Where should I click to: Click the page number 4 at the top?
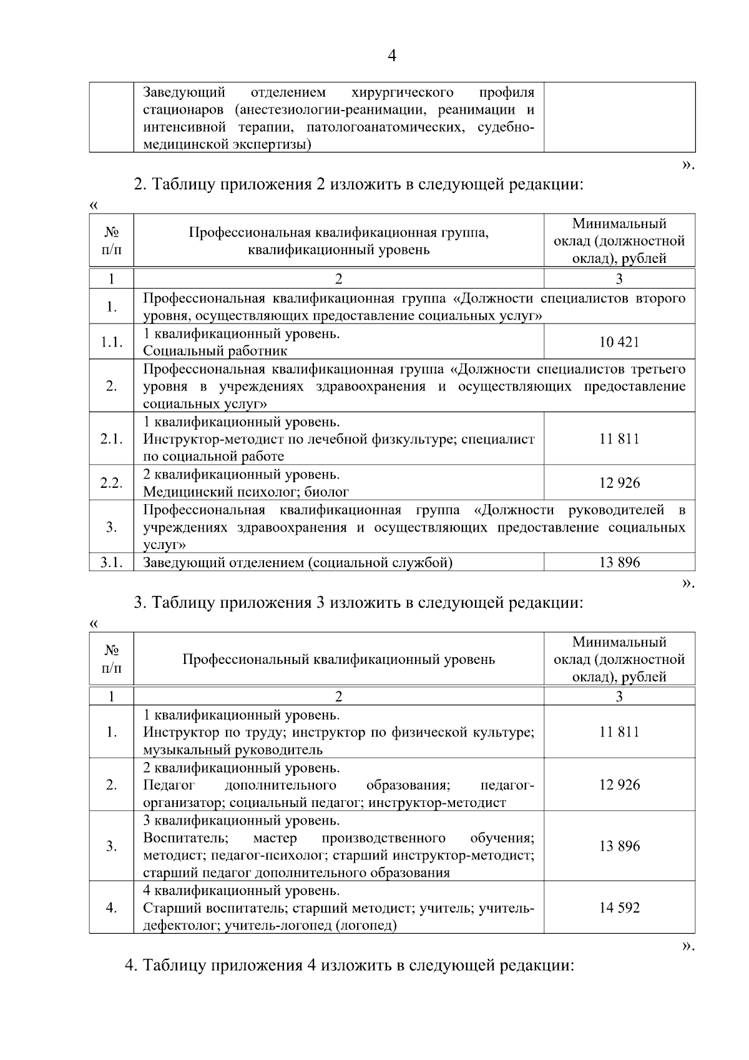(391, 56)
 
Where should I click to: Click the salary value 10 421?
(619, 342)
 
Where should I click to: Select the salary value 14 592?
(619, 908)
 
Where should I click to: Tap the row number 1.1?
(112, 342)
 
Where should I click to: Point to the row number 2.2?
(112, 483)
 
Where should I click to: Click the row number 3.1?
(112, 562)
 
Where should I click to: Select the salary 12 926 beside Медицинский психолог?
(619, 483)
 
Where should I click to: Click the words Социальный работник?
(215, 351)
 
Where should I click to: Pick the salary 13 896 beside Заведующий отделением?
(619, 562)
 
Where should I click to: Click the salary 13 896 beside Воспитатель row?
(619, 846)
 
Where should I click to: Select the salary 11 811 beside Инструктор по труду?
(619, 732)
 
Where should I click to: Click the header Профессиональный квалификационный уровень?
(338, 660)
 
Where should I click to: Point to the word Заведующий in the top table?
(184, 93)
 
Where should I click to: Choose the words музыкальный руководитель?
(233, 750)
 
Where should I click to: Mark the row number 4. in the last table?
(112, 908)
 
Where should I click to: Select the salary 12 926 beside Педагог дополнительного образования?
(619, 785)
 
